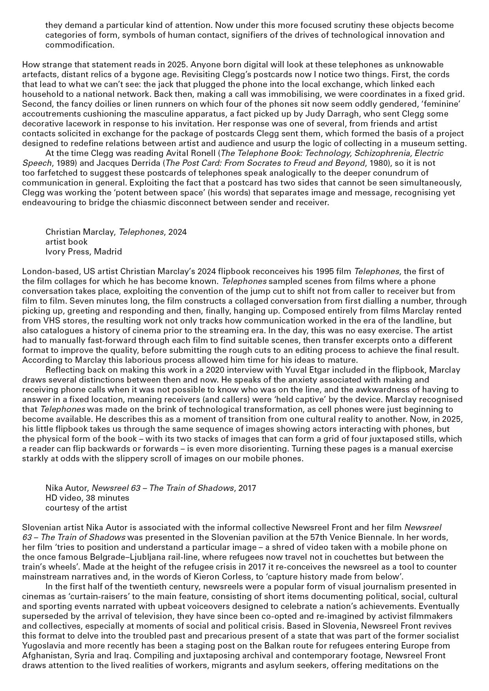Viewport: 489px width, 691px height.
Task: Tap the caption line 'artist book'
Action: [66, 241]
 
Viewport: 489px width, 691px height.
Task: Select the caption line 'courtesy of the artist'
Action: [86, 507]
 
